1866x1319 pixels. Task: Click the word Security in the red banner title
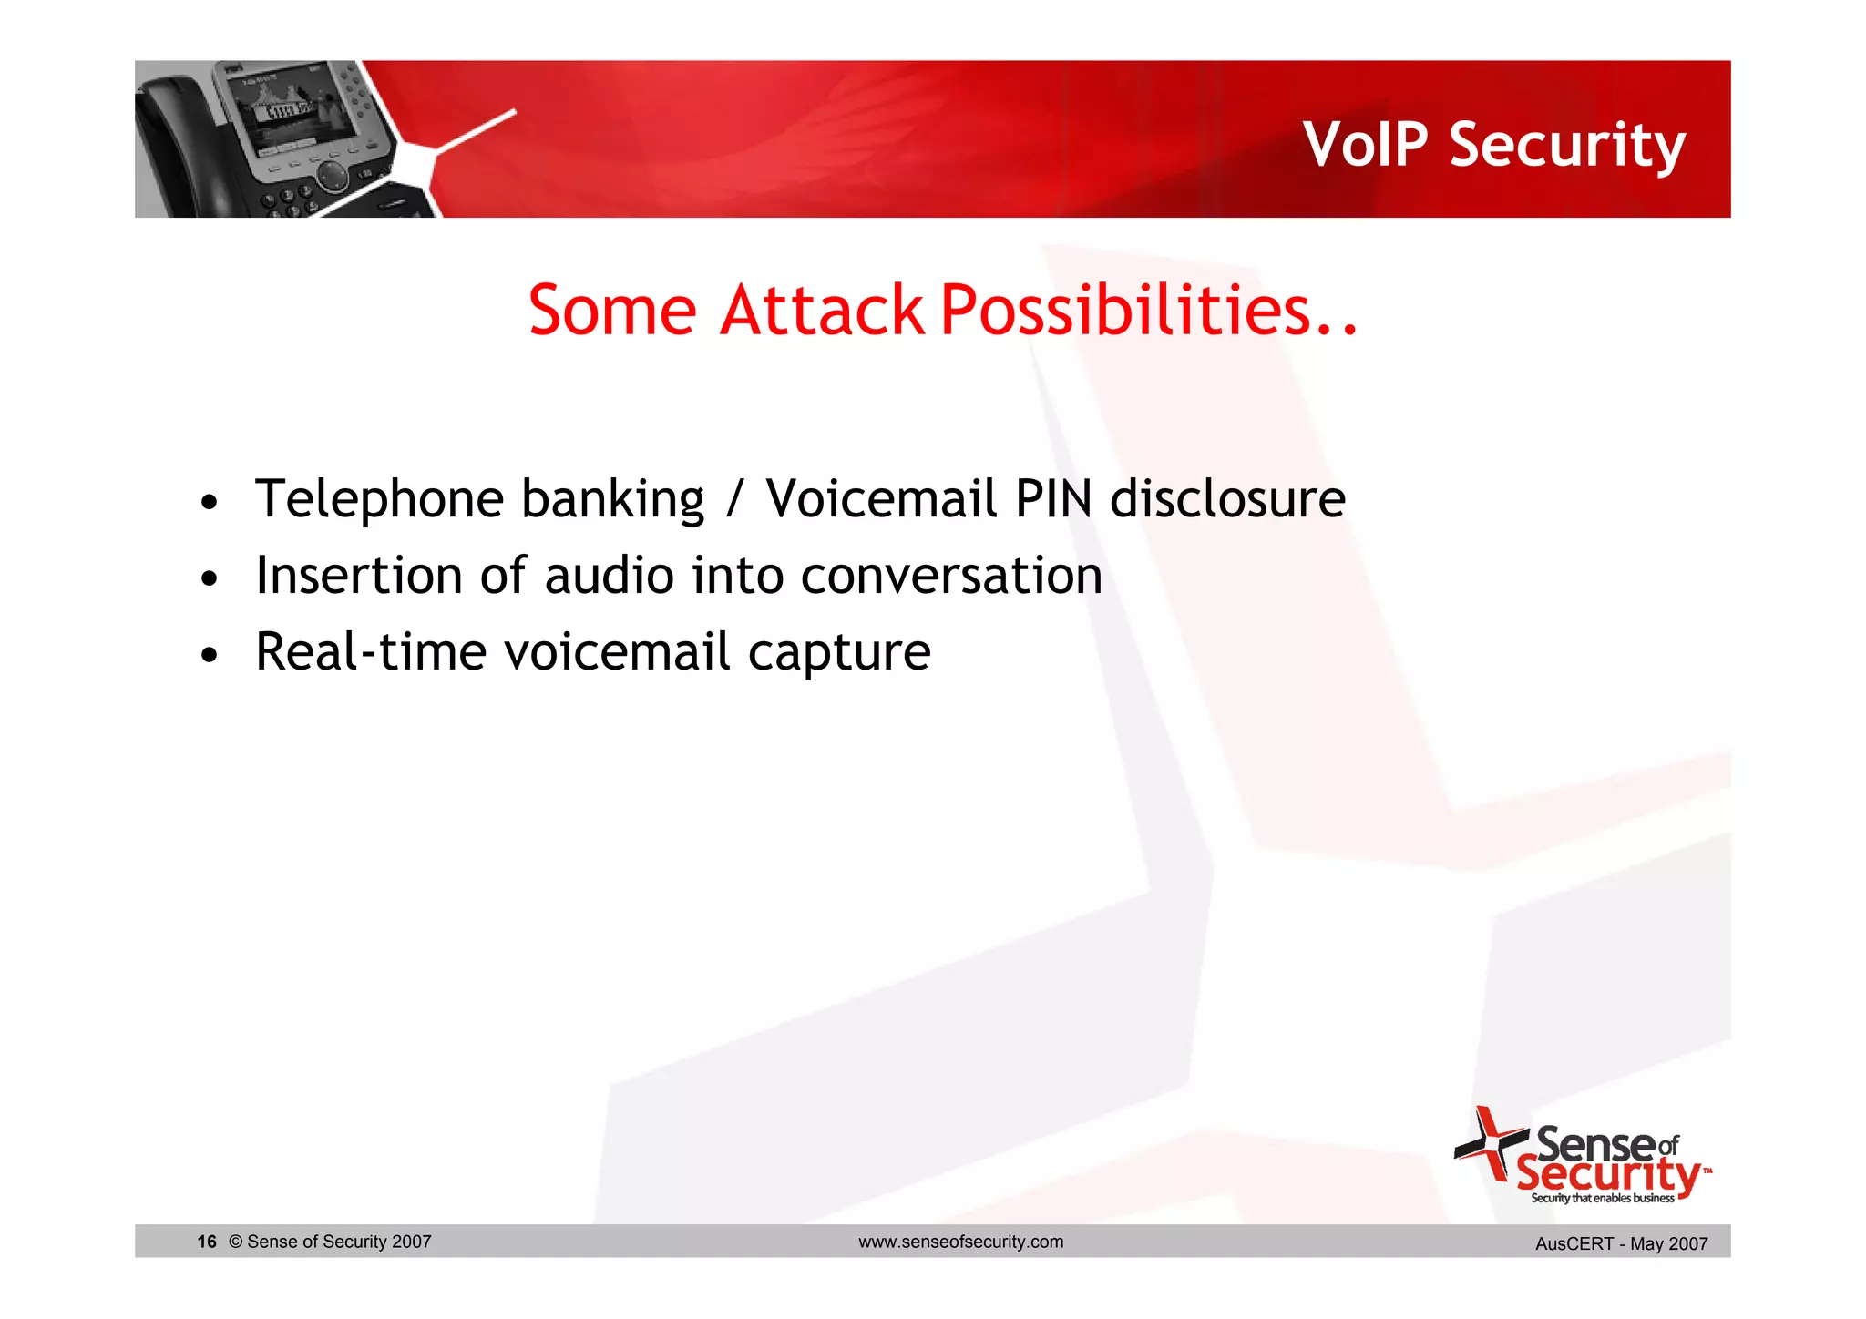click(x=1567, y=146)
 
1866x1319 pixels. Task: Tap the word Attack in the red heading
click(x=821, y=311)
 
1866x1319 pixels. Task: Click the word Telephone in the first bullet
click(x=379, y=500)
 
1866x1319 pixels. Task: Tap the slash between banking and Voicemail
click(x=734, y=500)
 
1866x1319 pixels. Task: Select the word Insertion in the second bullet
click(x=359, y=576)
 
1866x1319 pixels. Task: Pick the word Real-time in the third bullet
click(x=370, y=652)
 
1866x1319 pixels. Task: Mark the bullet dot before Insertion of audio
click(x=210, y=579)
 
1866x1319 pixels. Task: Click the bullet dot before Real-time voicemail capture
click(x=210, y=656)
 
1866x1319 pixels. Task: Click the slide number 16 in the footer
click(x=207, y=1242)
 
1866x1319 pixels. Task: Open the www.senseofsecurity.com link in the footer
click(x=960, y=1242)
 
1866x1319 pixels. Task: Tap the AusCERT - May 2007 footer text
click(x=1621, y=1243)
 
